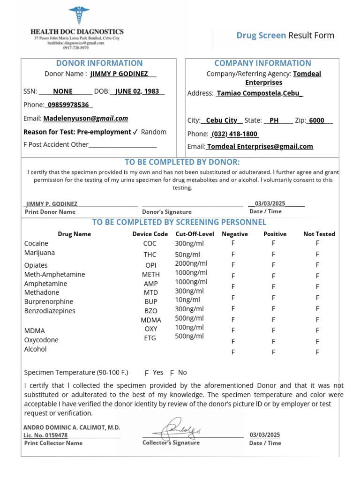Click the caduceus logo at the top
[76, 16]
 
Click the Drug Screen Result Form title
[285, 36]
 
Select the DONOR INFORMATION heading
[99, 63]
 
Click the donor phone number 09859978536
[68, 105]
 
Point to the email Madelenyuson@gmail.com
[86, 119]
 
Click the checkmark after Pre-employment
[135, 132]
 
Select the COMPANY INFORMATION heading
[262, 63]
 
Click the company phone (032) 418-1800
[235, 134]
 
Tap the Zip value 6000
[317, 120]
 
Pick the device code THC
[150, 255]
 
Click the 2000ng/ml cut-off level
[191, 263]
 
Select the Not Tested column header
[319, 234]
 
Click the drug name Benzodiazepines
[50, 311]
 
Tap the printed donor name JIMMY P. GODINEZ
[52, 204]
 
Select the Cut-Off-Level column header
[195, 234]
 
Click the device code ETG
[150, 338]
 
